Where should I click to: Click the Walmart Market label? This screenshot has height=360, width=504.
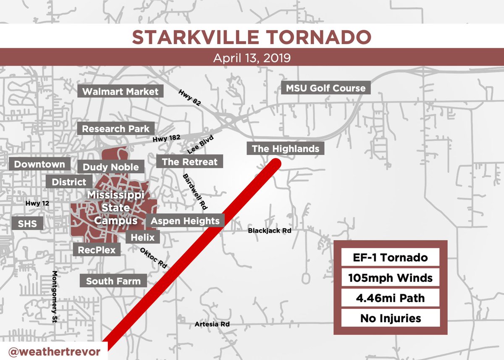pyautogui.click(x=121, y=92)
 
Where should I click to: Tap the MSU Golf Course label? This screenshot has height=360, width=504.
pyautogui.click(x=326, y=88)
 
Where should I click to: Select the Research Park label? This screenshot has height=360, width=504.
pyautogui.click(x=115, y=129)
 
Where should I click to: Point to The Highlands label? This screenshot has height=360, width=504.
pyautogui.click(x=285, y=148)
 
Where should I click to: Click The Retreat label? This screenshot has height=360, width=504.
pyautogui.click(x=189, y=162)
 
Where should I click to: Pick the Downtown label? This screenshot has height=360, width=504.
pyautogui.click(x=39, y=164)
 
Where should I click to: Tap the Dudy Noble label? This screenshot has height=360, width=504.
pyautogui.click(x=110, y=167)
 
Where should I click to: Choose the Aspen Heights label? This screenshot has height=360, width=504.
pyautogui.click(x=185, y=221)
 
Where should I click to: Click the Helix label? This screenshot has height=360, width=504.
pyautogui.click(x=143, y=237)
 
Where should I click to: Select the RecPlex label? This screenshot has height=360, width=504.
pyautogui.click(x=97, y=250)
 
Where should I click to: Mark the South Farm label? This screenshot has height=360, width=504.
pyautogui.click(x=113, y=281)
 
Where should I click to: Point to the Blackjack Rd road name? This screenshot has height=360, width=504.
pyautogui.click(x=269, y=231)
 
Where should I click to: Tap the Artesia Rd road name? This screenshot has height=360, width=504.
pyautogui.click(x=212, y=324)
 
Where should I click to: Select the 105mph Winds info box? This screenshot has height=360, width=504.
pyautogui.click(x=390, y=278)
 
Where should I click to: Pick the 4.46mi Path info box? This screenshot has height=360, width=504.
pyautogui.click(x=390, y=298)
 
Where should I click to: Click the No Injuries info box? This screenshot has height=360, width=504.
pyautogui.click(x=390, y=318)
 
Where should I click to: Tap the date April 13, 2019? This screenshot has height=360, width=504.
pyautogui.click(x=252, y=58)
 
